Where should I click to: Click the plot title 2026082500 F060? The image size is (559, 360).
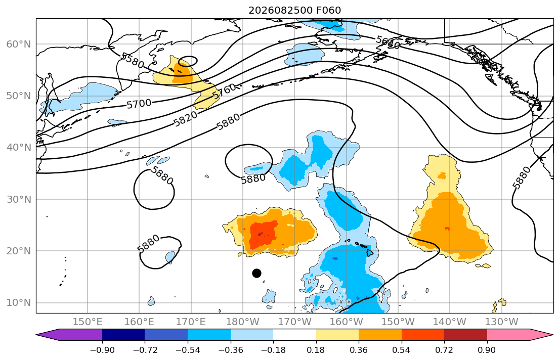(x=294, y=10)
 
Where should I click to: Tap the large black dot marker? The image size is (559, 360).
(x=256, y=274)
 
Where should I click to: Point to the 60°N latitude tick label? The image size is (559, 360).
(x=19, y=44)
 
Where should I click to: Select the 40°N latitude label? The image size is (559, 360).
(x=19, y=148)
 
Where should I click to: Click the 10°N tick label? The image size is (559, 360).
(x=19, y=303)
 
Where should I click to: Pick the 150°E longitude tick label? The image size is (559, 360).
(x=88, y=322)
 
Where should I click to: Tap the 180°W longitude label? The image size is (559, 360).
(x=243, y=322)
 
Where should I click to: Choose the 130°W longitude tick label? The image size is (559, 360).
(x=502, y=322)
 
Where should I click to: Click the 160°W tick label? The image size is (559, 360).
(x=346, y=322)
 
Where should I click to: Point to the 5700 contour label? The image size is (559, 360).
(x=139, y=104)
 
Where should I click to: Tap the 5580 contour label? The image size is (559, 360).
(x=133, y=60)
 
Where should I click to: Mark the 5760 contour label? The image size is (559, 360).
(x=225, y=92)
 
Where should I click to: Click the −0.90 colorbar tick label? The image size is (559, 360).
(x=102, y=350)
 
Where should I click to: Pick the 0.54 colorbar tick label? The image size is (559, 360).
(x=402, y=350)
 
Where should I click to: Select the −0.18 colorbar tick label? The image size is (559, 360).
(x=273, y=350)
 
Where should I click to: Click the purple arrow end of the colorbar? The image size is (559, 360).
(x=69, y=335)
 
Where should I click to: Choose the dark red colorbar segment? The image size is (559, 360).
(x=465, y=335)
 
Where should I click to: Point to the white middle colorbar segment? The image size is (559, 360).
(x=294, y=335)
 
